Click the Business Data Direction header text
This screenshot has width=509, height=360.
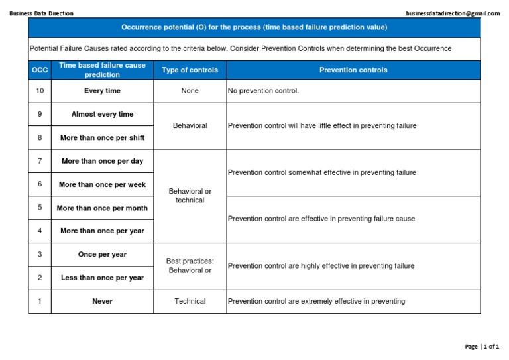42,13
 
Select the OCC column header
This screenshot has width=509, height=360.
40,70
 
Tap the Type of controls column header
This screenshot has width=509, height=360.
190,70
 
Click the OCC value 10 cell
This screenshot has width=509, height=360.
40,91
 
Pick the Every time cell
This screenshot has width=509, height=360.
102,91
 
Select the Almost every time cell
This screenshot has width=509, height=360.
102,114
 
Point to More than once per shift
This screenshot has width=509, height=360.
102,138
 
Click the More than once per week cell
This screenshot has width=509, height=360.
102,184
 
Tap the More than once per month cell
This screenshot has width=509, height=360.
102,208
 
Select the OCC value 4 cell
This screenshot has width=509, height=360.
40,231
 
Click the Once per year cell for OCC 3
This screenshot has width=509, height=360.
102,255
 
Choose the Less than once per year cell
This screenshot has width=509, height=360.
102,278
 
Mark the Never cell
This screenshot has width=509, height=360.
102,301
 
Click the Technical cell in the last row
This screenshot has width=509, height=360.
190,301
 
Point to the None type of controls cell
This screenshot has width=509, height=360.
190,91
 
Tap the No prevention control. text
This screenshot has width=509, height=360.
263,91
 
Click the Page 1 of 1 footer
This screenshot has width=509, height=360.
482,347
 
